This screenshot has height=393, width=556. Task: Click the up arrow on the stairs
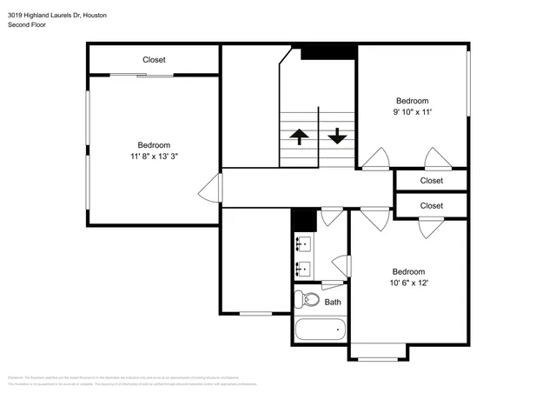pyautogui.click(x=299, y=137)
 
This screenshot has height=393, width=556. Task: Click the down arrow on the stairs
pyautogui.click(x=337, y=137)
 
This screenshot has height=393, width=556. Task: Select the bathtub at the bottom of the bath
pyautogui.click(x=320, y=330)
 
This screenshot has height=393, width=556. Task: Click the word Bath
pyautogui.click(x=333, y=303)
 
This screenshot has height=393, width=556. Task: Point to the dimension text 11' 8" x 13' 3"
pyautogui.click(x=154, y=157)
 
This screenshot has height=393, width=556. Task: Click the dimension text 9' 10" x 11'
pyautogui.click(x=412, y=112)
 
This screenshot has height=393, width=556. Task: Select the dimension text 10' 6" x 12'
pyautogui.click(x=408, y=283)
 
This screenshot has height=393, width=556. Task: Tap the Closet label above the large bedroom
pyautogui.click(x=154, y=60)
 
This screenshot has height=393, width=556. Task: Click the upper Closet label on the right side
pyautogui.click(x=431, y=181)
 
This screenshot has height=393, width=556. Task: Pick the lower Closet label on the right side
pyautogui.click(x=431, y=206)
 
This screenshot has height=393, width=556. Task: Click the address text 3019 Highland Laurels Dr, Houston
pyautogui.click(x=58, y=13)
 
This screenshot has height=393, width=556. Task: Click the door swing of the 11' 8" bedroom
pyautogui.click(x=209, y=188)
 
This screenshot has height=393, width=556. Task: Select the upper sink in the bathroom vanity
pyautogui.click(x=303, y=243)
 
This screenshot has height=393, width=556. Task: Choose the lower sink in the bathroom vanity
pyautogui.click(x=303, y=268)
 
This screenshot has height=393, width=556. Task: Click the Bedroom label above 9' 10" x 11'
pyautogui.click(x=412, y=101)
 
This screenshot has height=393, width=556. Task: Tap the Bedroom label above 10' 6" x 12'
pyautogui.click(x=408, y=271)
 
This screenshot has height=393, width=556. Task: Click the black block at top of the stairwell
pyautogui.click(x=328, y=53)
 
